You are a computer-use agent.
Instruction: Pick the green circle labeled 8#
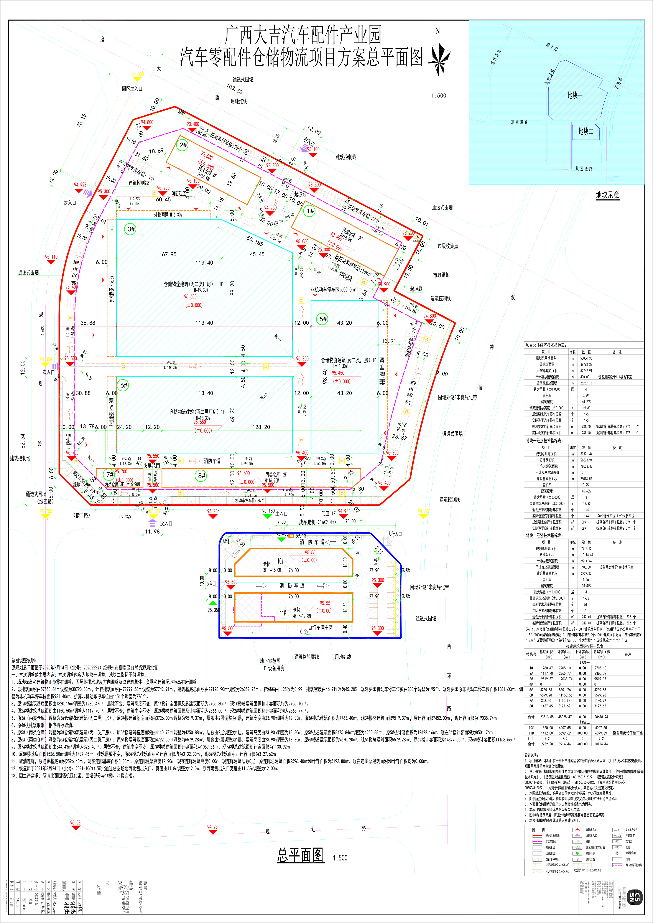pos(201,476)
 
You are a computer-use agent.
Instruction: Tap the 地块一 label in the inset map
pos(575,95)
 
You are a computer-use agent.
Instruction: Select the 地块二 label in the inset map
pos(586,131)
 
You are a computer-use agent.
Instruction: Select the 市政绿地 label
pos(441,275)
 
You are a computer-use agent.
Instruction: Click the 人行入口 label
pos(395,534)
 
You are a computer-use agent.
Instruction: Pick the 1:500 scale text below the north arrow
pos(438,96)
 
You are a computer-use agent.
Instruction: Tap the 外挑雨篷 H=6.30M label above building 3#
pos(168,215)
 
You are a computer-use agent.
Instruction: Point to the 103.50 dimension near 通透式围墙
pos(234,89)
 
